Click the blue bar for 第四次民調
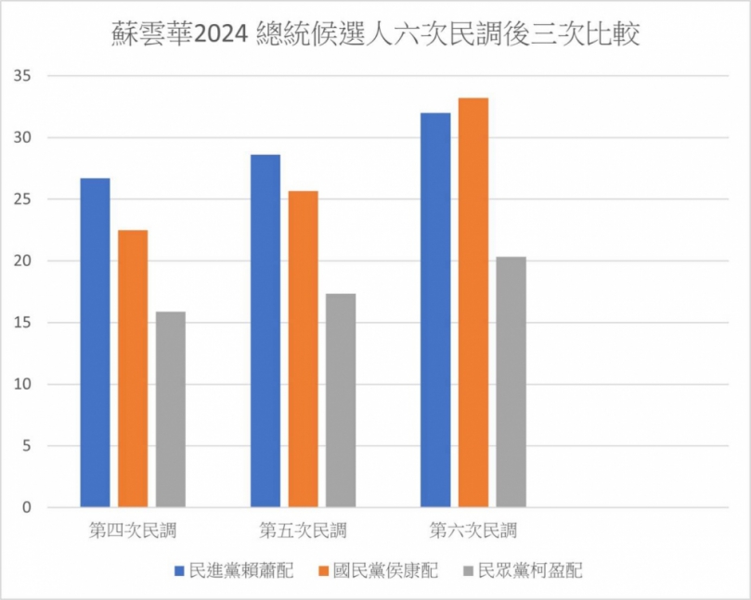(95, 343)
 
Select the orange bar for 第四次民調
(133, 369)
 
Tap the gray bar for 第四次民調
(171, 410)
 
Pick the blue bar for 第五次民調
(265, 331)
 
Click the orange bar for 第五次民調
(303, 350)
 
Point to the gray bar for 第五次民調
(341, 401)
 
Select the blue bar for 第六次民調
(435, 311)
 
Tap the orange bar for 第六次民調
(473, 303)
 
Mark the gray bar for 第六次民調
(511, 382)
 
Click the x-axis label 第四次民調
(133, 531)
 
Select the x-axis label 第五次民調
(303, 531)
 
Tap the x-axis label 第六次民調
(473, 531)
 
